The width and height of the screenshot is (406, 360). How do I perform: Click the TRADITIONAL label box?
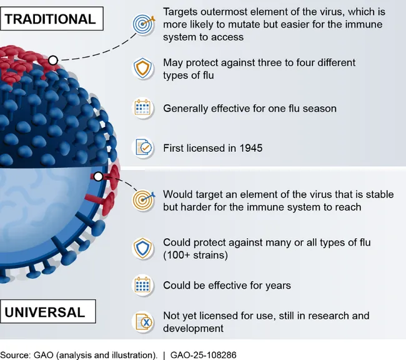coord(51,19)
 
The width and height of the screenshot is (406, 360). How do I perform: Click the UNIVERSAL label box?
coord(48,311)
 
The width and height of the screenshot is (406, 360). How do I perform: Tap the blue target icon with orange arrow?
coord(144,24)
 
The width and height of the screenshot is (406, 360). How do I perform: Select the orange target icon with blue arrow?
coord(143,200)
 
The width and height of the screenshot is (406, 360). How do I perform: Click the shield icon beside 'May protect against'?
coord(142,68)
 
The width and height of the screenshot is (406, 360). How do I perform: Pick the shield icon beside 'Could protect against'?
coord(142,248)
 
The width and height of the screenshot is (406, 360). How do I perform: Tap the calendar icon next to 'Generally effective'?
coord(142,108)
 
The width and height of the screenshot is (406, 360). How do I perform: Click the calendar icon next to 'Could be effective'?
coord(142,285)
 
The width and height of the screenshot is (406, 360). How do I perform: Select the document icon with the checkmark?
coord(144,147)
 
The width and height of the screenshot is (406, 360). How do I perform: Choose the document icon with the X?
coord(144,322)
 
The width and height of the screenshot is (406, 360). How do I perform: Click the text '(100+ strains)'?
coord(196,255)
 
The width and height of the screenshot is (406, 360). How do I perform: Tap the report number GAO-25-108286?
coord(203,355)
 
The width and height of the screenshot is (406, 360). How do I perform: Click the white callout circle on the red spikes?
coord(53,61)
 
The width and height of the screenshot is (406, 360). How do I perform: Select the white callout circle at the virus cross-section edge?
coord(98,177)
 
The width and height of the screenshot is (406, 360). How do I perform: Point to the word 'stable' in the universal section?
coord(380,194)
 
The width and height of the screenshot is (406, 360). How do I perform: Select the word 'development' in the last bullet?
coord(193,328)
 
